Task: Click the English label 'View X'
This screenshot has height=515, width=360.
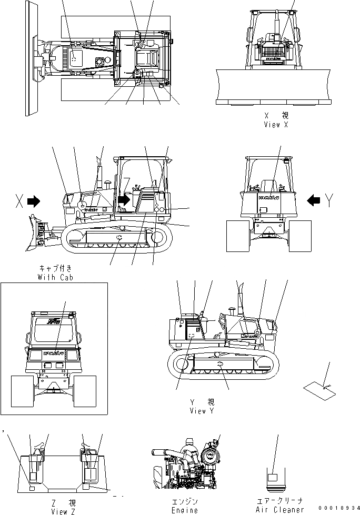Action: click(x=276, y=125)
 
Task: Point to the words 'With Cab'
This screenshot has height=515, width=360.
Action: click(x=55, y=277)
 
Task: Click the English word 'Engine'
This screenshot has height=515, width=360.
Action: click(x=185, y=510)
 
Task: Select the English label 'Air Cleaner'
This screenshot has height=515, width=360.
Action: click(x=279, y=510)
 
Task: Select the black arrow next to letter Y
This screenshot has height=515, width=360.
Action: click(x=313, y=200)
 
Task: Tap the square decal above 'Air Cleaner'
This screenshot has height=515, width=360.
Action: click(x=273, y=477)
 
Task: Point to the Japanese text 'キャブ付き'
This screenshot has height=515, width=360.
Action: click(x=55, y=268)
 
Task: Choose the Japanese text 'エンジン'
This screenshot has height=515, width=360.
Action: click(x=185, y=501)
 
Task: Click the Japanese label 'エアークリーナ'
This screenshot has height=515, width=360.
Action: click(x=279, y=501)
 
